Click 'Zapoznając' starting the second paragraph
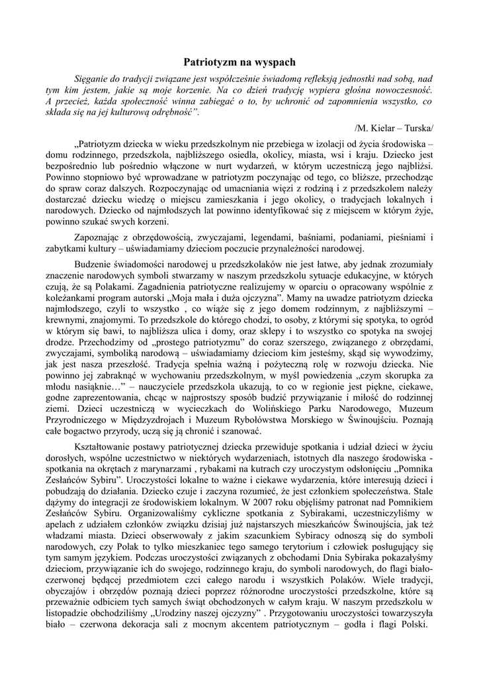point(101,237)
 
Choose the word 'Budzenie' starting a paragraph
point(96,264)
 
